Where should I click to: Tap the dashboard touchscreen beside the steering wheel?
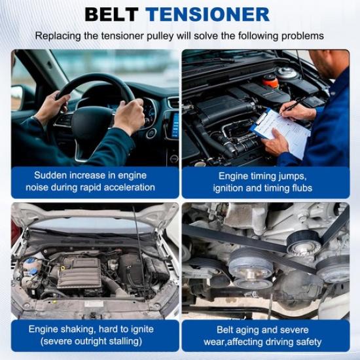click(x=174, y=124)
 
